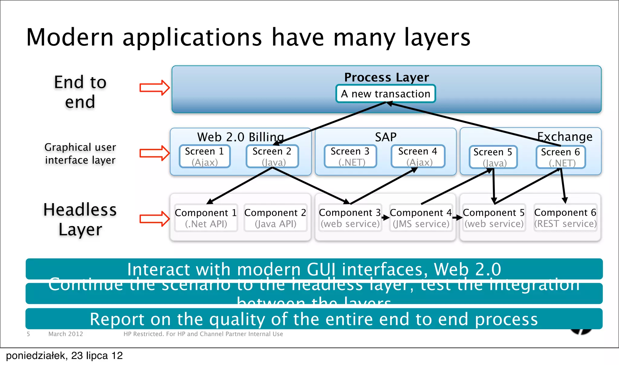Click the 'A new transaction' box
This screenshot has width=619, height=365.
pyautogui.click(x=385, y=94)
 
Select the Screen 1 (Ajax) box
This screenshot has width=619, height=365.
pyautogui.click(x=205, y=156)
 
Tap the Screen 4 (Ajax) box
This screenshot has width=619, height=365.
pyautogui.click(x=418, y=156)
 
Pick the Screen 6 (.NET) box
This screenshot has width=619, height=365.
pyautogui.click(x=561, y=157)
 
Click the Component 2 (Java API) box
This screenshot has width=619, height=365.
pyautogui.click(x=275, y=218)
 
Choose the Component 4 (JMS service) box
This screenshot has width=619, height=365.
pyautogui.click(x=421, y=218)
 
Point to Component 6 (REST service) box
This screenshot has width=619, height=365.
pyautogui.click(x=565, y=218)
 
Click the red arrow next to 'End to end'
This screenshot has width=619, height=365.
pyautogui.click(x=154, y=88)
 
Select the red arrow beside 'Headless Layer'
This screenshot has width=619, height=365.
pyautogui.click(x=154, y=219)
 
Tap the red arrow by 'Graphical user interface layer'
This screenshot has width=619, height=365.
pyautogui.click(x=154, y=153)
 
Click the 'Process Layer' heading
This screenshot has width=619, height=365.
pyautogui.click(x=387, y=77)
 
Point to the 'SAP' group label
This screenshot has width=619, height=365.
pyautogui.click(x=386, y=137)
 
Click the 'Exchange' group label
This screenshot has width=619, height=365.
pyautogui.click(x=565, y=137)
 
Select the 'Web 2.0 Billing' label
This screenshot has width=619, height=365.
pyautogui.click(x=240, y=137)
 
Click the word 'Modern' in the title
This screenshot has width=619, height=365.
pyautogui.click(x=70, y=37)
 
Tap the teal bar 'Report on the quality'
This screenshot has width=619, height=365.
pyautogui.click(x=314, y=319)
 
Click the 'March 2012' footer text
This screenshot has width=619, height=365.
pyautogui.click(x=66, y=334)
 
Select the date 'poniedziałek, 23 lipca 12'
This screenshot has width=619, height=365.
pyautogui.click(x=64, y=356)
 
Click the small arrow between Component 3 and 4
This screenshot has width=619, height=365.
pyautogui.click(x=385, y=217)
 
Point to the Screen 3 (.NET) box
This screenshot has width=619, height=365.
pyautogui.click(x=350, y=156)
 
